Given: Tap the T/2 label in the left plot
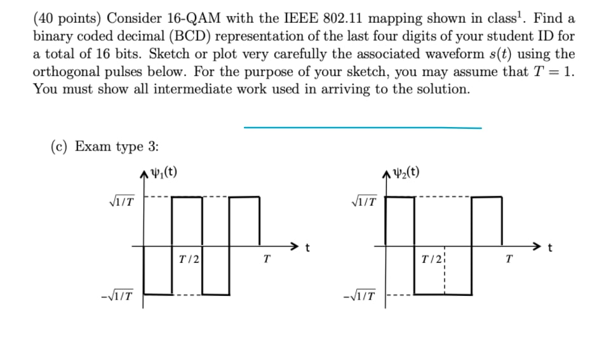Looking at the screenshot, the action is pos(189,259).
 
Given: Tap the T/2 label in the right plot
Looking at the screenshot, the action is pos(433,259).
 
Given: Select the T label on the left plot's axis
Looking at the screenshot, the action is pos(267,259).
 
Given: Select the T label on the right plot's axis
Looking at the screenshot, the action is pos(508,259).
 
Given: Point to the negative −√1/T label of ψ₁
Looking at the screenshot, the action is pos(119,295).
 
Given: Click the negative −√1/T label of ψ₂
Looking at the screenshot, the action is pos(360,295).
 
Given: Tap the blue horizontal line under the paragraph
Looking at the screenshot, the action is pos(362,127).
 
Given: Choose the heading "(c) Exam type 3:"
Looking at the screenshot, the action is pos(104,147).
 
